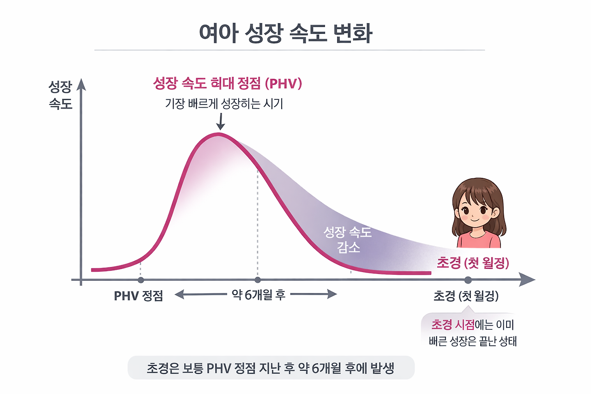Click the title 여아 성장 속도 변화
tap(285, 33)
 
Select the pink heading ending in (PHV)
tap(227, 84)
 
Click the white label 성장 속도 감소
tap(348, 239)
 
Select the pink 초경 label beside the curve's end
tap(473, 263)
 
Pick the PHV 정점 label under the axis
tap(139, 296)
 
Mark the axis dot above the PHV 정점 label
tap(141, 280)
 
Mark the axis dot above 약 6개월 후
tap(258, 280)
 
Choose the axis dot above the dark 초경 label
tap(468, 280)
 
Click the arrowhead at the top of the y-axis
tap(81, 85)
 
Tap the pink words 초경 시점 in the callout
tap(453, 325)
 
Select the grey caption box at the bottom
tap(271, 368)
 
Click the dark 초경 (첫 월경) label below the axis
tap(466, 296)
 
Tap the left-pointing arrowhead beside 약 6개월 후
tap(178, 295)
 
